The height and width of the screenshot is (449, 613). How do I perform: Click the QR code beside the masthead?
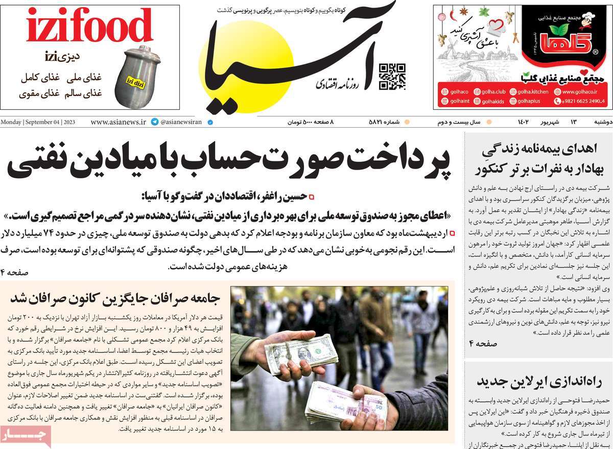(392, 77)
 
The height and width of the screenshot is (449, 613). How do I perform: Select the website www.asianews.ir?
(119, 123)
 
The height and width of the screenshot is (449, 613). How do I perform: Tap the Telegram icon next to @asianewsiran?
(154, 123)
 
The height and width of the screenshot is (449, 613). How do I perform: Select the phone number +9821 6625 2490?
(583, 101)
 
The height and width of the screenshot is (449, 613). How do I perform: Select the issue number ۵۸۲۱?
(383, 123)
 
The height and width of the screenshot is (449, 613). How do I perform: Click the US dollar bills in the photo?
(301, 352)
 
